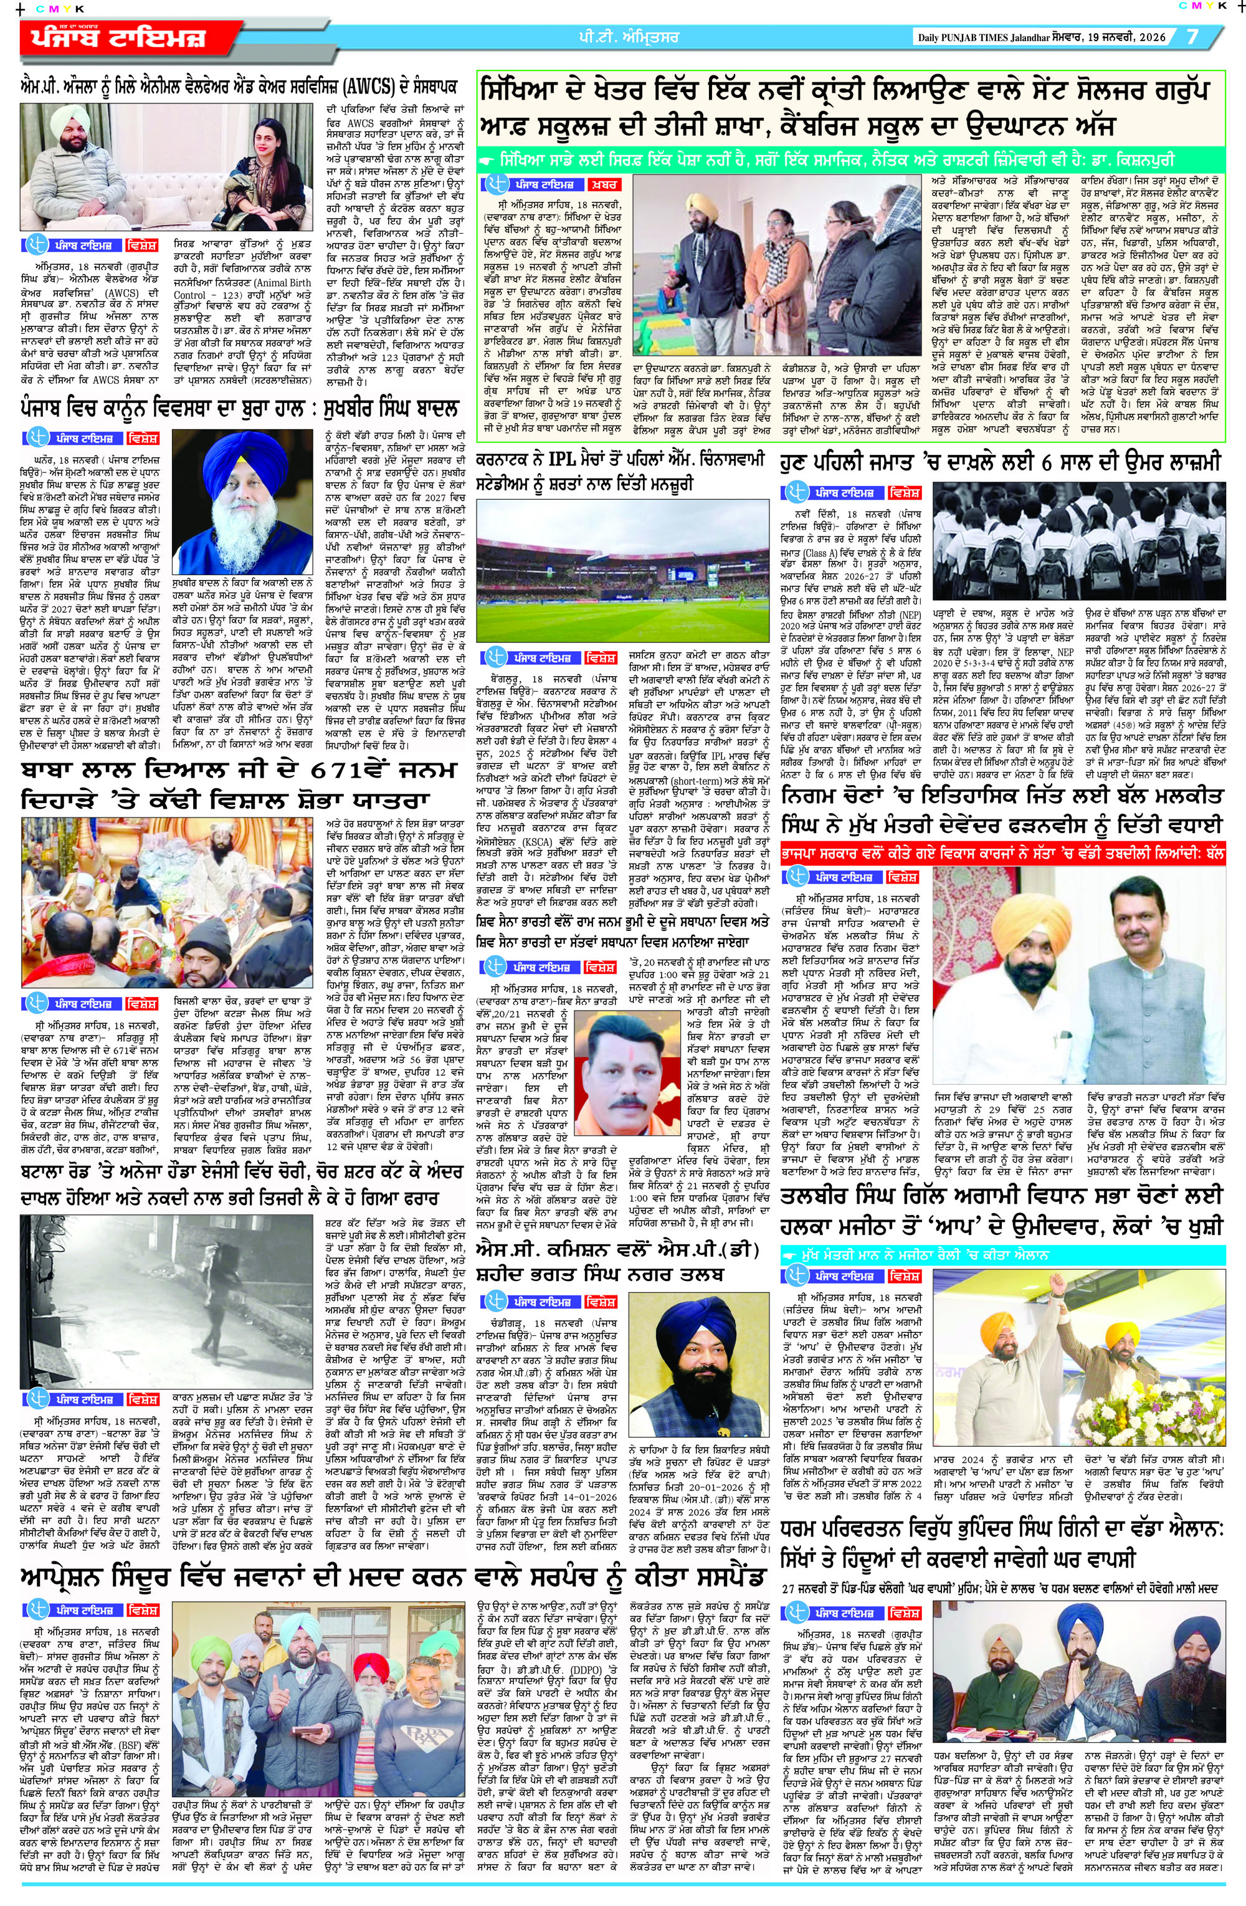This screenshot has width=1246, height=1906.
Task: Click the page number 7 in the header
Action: pos(1192,37)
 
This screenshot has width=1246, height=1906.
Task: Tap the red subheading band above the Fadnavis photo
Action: pos(1002,854)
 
